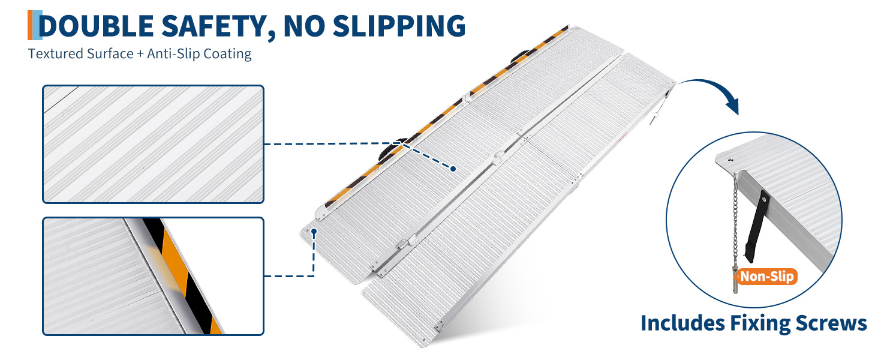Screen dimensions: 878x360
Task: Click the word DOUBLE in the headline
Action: pos(96,26)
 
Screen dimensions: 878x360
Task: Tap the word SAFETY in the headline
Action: pos(214,26)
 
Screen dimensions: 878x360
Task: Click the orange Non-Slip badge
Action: pos(767,277)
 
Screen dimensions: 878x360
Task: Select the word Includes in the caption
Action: pos(683,323)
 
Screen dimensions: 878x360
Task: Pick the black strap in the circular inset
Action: pos(757,226)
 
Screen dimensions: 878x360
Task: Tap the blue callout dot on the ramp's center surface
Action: pos(453,169)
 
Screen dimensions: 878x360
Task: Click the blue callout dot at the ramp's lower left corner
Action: pos(314,232)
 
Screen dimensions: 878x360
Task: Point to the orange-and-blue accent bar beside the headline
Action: pos(35,25)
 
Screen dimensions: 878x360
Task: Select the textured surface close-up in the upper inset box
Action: pos(153,145)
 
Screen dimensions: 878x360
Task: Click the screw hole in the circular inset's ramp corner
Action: pos(730,160)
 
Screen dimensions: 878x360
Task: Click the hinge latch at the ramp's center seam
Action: pos(498,157)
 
